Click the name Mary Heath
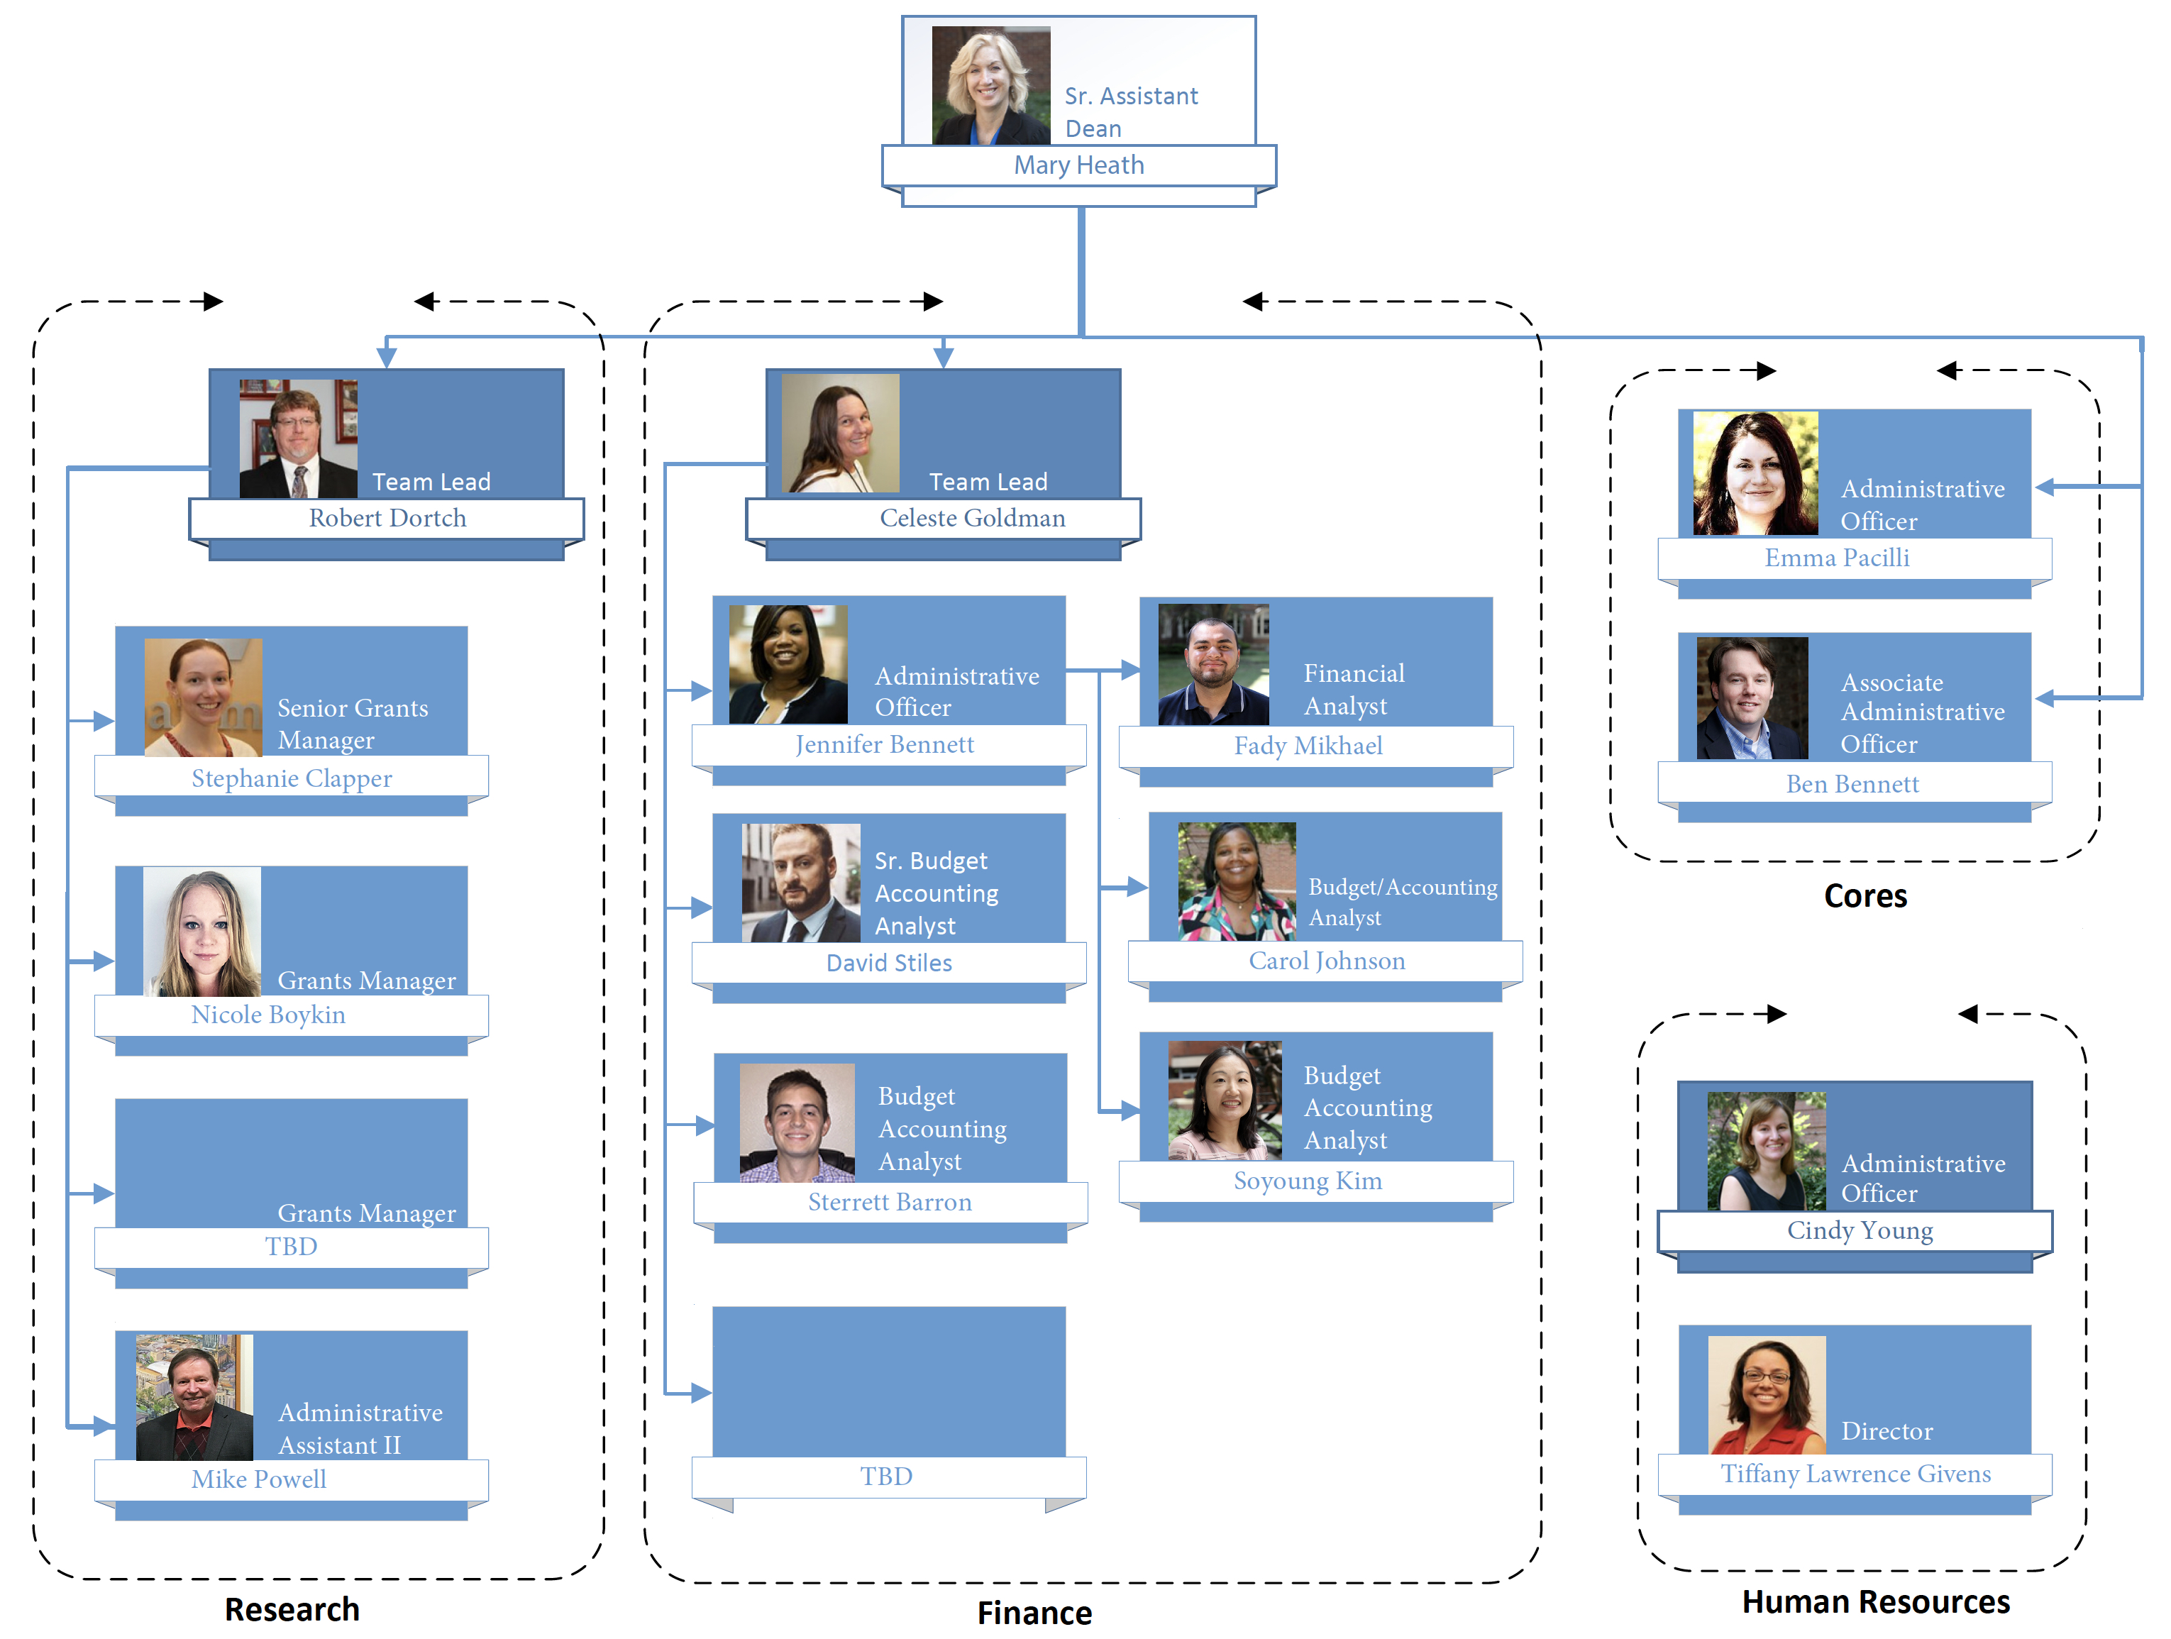[x=1078, y=165]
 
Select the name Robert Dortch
[x=387, y=518]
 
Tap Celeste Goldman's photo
[x=840, y=433]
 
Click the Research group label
[x=292, y=1610]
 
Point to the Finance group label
[x=1034, y=1613]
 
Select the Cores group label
[x=1864, y=896]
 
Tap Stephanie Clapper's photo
[x=203, y=697]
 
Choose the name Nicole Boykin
[x=268, y=1015]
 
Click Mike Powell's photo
[x=194, y=1396]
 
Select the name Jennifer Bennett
[x=884, y=745]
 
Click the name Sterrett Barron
[x=889, y=1202]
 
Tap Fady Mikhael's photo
[x=1213, y=664]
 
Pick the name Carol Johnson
[x=1326, y=961]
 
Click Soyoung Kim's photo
[x=1224, y=1100]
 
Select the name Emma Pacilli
[x=1836, y=558]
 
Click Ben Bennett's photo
[x=1752, y=697]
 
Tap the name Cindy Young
[x=1859, y=1231]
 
